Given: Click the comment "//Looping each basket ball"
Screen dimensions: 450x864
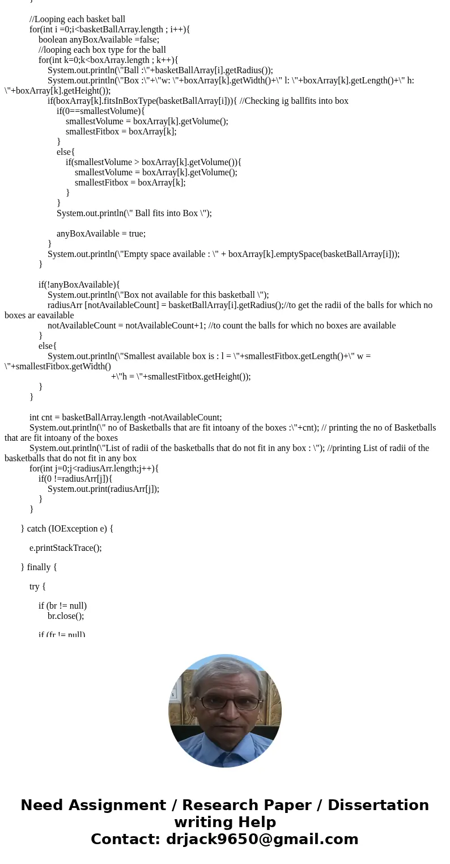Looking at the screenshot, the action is click(77, 19).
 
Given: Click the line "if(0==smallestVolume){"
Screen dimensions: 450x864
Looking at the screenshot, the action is click(100, 111).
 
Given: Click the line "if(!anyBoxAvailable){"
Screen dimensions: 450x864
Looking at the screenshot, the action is click(79, 285).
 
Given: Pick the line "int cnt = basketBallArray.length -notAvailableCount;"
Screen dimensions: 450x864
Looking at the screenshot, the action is click(125, 418).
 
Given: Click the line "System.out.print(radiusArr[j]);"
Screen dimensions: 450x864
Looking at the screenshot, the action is click(103, 489).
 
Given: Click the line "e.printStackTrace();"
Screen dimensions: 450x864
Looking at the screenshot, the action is click(65, 548).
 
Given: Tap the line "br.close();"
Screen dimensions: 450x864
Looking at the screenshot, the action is click(65, 616).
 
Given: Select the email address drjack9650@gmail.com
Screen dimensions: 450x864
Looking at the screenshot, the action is click(262, 840).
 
